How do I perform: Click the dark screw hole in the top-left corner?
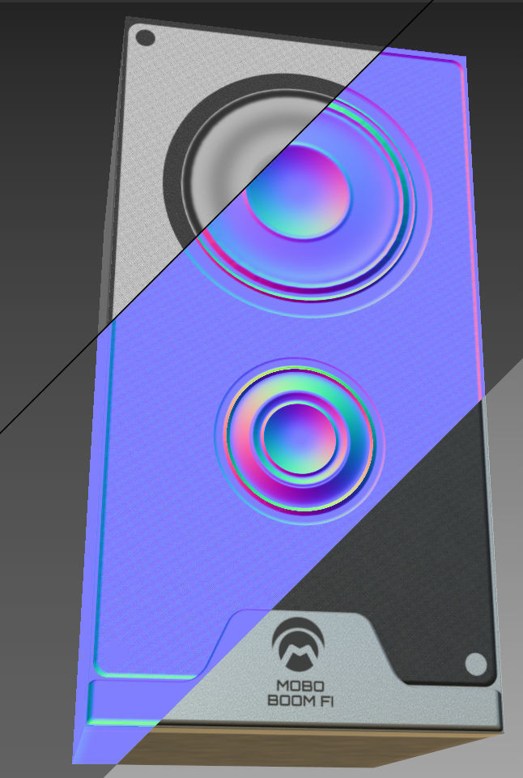coord(145,38)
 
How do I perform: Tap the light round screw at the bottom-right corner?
coord(476,665)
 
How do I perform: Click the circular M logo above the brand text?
coord(300,642)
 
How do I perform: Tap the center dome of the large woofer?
coord(299,192)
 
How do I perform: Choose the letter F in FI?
coord(317,699)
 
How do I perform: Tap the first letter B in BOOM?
coord(273,699)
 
